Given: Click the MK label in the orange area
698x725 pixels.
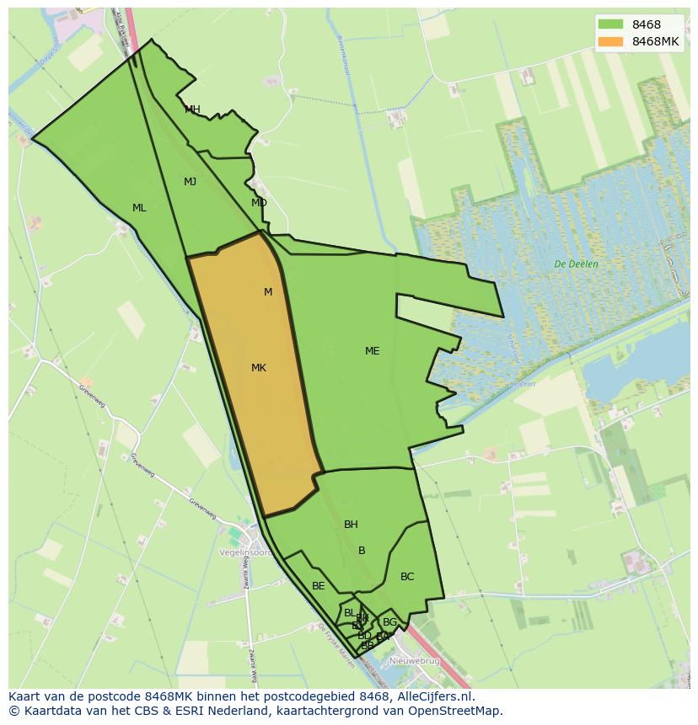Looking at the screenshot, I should click(259, 368).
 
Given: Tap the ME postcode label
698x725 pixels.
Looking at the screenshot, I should click(372, 351).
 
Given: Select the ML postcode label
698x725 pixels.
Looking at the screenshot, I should click(139, 208).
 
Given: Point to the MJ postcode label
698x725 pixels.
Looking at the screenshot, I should click(191, 182).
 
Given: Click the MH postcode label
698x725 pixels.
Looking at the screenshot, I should click(192, 109).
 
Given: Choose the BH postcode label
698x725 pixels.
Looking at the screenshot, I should click(351, 525).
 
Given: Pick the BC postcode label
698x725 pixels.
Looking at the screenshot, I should click(407, 577).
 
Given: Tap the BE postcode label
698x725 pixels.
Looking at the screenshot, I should click(319, 586).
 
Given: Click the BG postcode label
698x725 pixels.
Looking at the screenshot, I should click(389, 622).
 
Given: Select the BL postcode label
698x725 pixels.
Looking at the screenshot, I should click(350, 613).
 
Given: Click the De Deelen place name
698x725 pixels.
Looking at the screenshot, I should click(577, 264).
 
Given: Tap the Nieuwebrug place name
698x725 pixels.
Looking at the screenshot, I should click(413, 662).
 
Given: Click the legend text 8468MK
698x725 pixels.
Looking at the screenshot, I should click(655, 41).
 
